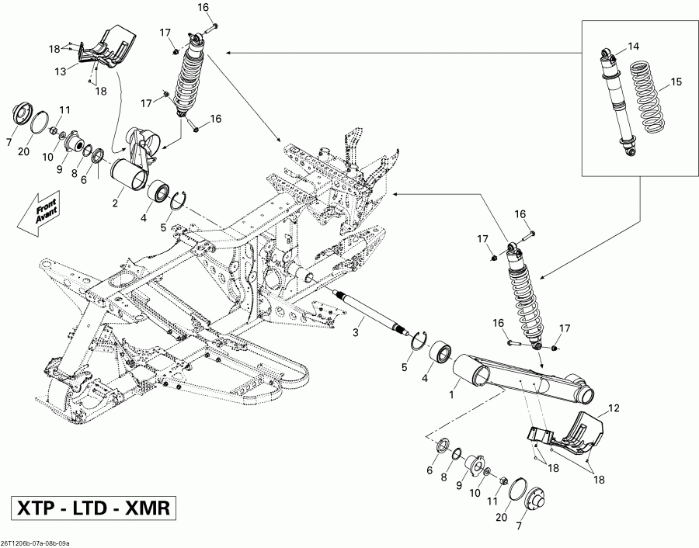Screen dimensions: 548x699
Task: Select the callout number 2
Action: click(x=115, y=203)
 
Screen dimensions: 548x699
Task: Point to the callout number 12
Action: click(x=614, y=408)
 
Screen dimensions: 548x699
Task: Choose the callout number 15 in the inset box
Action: click(x=675, y=82)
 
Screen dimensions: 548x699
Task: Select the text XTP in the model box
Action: click(x=38, y=509)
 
